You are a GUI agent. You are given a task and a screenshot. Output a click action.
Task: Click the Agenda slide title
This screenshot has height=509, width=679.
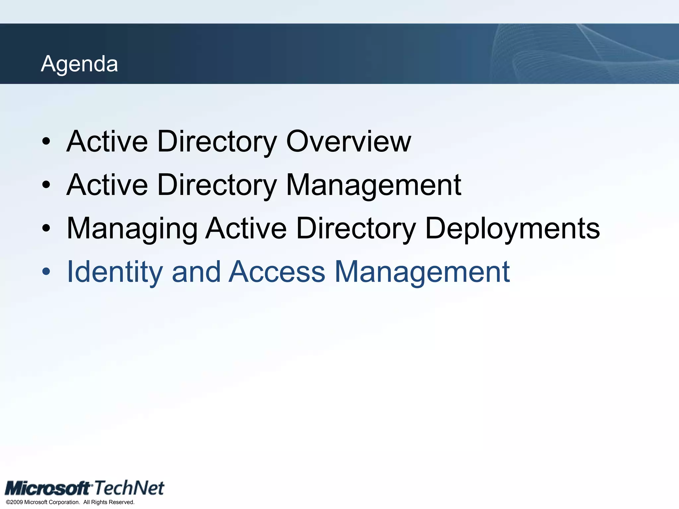coord(79,64)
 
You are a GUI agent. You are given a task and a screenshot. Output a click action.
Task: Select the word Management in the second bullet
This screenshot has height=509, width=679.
coord(373,185)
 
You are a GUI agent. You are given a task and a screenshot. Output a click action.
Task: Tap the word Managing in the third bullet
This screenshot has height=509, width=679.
coord(132,228)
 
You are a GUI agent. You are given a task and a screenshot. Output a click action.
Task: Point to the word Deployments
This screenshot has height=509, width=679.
coord(512,228)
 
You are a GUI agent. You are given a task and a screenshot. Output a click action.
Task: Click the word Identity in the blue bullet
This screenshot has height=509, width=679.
coord(115,272)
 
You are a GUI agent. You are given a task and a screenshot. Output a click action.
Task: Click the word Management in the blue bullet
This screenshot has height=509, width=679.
coord(422,272)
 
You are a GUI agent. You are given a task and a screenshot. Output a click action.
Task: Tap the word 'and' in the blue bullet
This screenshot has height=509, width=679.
coord(196,272)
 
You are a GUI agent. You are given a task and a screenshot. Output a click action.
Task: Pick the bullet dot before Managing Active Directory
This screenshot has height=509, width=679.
coord(46,229)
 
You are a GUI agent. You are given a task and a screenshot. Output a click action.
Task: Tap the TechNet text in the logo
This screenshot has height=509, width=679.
coord(129,488)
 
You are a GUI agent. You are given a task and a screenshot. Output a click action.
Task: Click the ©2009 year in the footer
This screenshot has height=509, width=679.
coord(15,502)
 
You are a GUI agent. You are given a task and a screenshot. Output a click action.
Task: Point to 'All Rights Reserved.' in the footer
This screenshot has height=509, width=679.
coord(109,502)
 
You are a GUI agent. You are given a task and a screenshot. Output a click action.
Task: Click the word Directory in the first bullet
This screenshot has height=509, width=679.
coord(217,141)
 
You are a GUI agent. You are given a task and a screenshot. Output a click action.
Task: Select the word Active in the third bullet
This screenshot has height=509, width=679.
coord(246,228)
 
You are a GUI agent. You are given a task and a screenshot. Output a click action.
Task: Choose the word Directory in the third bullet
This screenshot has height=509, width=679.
coord(356,228)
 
